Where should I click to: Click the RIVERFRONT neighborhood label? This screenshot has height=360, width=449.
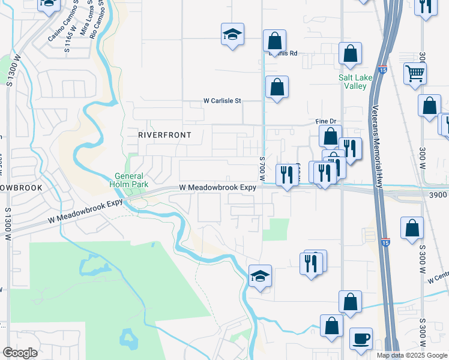click(164, 135)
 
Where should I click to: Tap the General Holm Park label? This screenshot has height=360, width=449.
click(129, 180)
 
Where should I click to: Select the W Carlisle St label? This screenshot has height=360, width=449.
click(222, 101)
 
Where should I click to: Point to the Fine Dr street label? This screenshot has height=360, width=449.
click(325, 121)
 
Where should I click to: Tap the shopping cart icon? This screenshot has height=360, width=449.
click(415, 74)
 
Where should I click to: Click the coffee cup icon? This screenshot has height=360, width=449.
click(361, 338)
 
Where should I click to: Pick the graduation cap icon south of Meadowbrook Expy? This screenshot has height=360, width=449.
click(260, 276)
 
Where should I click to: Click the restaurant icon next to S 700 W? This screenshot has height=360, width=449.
click(287, 175)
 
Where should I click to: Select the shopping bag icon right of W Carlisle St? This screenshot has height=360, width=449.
click(277, 87)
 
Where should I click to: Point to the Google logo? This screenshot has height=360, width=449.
click(20, 353)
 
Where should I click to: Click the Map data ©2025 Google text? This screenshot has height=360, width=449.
click(412, 355)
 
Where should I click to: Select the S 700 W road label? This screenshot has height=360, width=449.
click(262, 170)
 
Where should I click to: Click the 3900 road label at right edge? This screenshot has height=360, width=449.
click(438, 195)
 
